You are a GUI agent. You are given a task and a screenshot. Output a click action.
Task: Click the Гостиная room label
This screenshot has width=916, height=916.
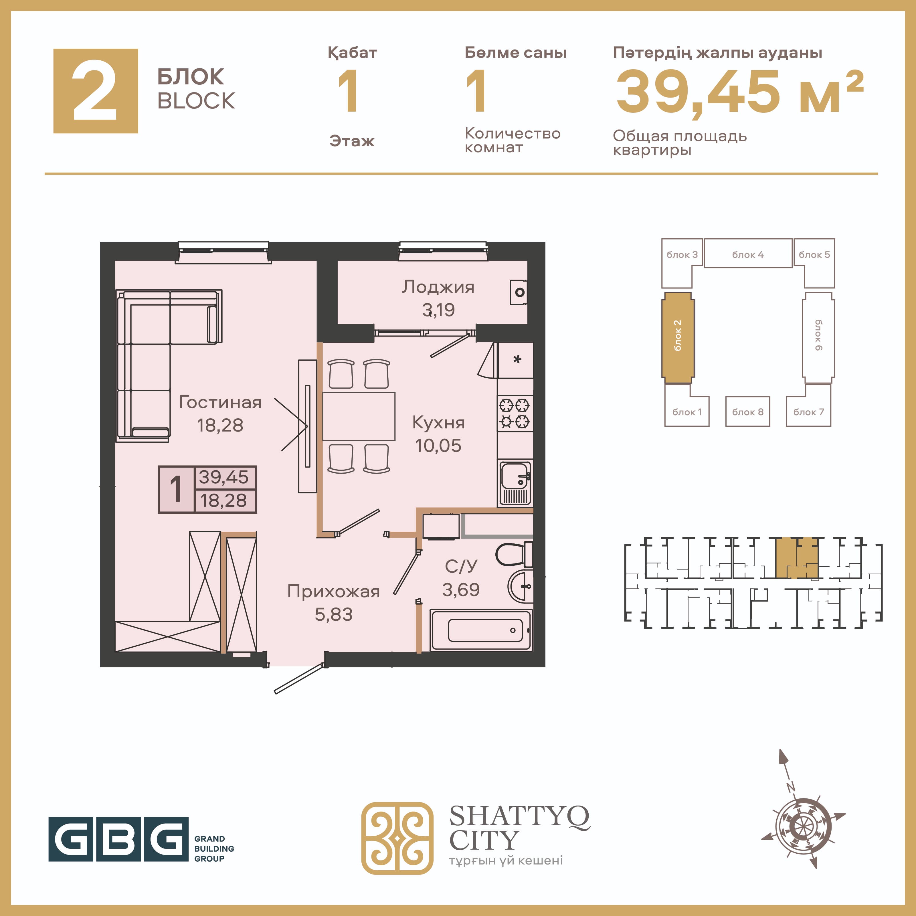click(220, 403)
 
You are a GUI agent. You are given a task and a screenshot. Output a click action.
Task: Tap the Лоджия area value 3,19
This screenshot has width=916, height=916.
click(439, 310)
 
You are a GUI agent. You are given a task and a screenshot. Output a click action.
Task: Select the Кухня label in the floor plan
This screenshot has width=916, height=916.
click(439, 423)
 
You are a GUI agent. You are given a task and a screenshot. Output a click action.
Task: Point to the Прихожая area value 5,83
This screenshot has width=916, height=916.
click(334, 614)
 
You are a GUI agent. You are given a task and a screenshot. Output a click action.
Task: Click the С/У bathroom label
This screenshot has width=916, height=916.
click(461, 566)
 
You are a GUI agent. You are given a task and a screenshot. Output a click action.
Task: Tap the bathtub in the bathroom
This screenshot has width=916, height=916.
click(481, 630)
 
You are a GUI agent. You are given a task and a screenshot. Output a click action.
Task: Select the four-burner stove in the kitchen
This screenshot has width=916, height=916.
click(515, 414)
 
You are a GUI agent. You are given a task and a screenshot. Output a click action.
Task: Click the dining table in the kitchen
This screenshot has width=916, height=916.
click(359, 416)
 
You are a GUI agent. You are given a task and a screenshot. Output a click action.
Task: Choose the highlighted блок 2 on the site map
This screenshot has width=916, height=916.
click(678, 338)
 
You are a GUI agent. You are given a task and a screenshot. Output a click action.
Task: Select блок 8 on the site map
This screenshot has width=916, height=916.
click(748, 411)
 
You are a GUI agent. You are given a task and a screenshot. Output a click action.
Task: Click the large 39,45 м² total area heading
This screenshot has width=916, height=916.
click(740, 92)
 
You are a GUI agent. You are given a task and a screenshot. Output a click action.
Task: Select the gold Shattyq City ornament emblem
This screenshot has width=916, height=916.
click(397, 838)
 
